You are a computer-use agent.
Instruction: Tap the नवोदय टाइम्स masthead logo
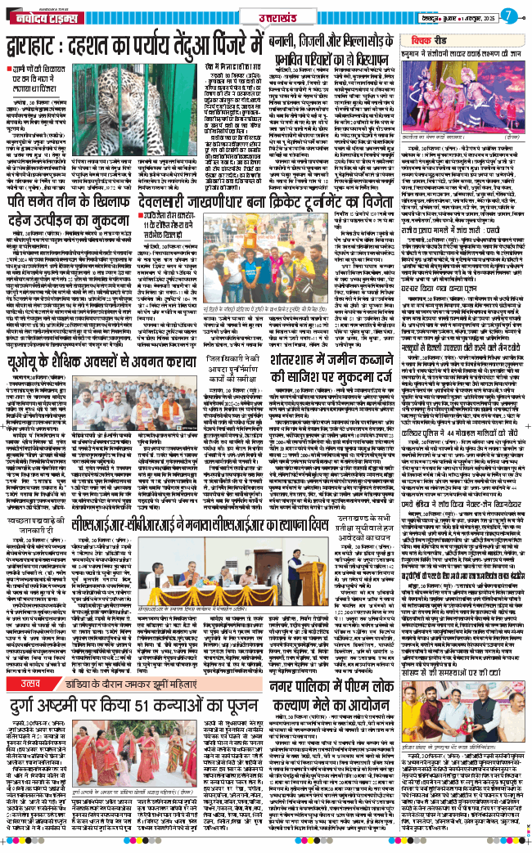click(38, 16)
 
